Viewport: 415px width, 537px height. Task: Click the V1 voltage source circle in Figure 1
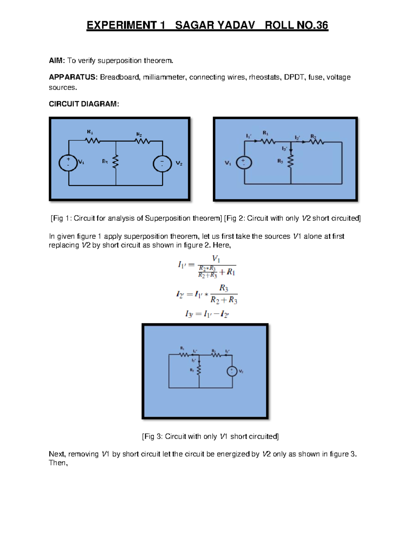(68, 163)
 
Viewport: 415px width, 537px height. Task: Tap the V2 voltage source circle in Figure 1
(162, 163)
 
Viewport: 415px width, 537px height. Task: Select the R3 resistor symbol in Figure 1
(116, 161)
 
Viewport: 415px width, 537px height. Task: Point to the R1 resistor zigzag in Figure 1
(93, 140)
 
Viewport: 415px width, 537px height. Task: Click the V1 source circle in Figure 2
(244, 163)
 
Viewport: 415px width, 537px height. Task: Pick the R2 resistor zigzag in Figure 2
(316, 141)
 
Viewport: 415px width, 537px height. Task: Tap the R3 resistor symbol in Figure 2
(291, 161)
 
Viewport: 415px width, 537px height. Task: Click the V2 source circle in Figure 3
(232, 371)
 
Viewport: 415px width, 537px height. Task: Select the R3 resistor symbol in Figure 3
(199, 370)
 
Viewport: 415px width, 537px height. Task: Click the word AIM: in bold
(57, 61)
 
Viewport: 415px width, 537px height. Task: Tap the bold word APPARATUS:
(73, 77)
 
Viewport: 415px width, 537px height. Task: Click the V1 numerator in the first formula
(216, 259)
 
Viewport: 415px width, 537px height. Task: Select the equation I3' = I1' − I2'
(207, 314)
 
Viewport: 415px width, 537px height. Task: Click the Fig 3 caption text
(210, 436)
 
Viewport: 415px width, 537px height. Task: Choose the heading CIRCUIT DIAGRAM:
(84, 104)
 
